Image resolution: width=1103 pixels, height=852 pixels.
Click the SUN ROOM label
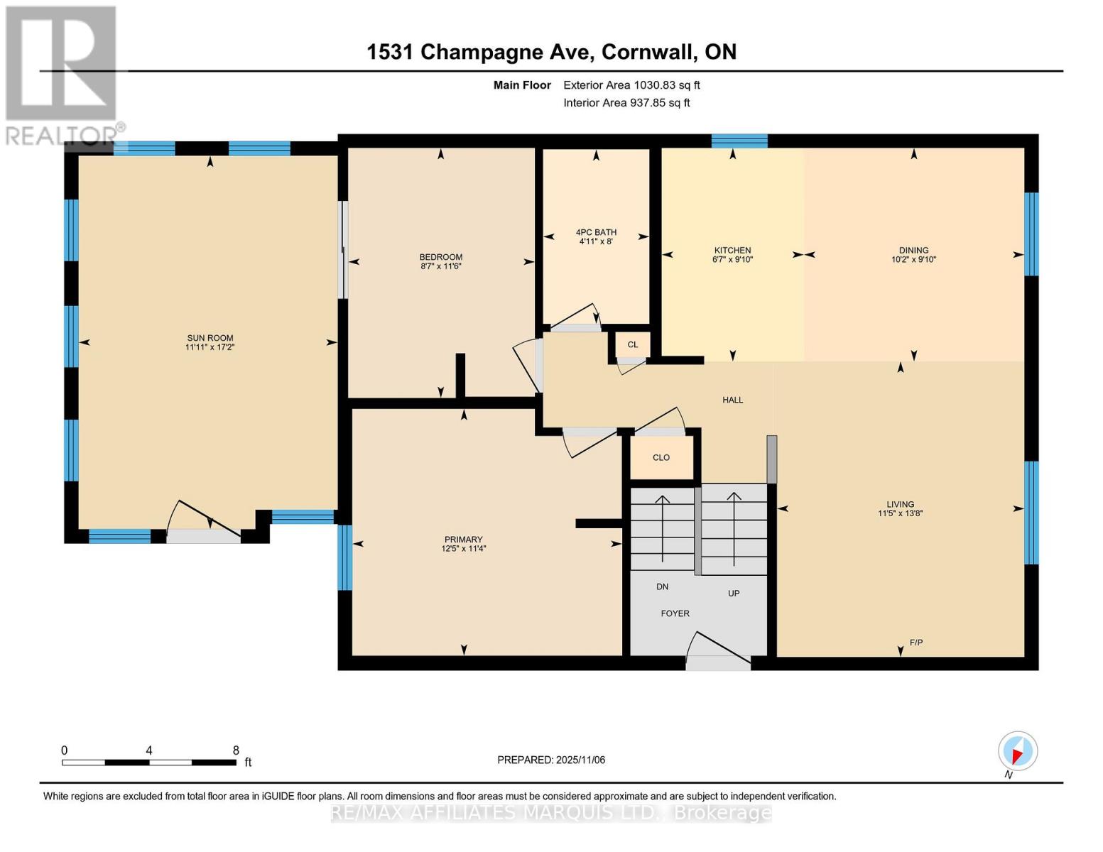point(210,338)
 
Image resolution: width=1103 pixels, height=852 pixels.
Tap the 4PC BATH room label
point(596,232)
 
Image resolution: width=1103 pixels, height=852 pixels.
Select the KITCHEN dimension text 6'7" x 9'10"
point(732,260)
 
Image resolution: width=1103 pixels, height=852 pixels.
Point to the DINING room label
point(913,250)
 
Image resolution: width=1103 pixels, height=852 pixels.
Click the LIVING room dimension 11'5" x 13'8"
point(900,513)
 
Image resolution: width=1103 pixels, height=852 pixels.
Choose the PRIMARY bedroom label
point(463,540)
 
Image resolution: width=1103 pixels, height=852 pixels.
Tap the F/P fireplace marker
point(916,643)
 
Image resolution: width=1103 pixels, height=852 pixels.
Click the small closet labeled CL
point(632,344)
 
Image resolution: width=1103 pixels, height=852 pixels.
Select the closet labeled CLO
point(661,457)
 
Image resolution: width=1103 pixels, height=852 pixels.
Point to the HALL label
point(733,400)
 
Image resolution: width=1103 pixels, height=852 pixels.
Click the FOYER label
point(675,613)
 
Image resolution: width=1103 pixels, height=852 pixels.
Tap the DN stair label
point(662,586)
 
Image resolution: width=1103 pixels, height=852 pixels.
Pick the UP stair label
point(734,593)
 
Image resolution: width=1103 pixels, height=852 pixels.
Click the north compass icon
point(1017,751)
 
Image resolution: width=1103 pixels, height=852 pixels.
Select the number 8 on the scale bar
point(236,750)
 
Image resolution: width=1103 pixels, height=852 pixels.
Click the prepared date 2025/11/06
point(580,760)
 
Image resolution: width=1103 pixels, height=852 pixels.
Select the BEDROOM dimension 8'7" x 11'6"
point(441,266)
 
